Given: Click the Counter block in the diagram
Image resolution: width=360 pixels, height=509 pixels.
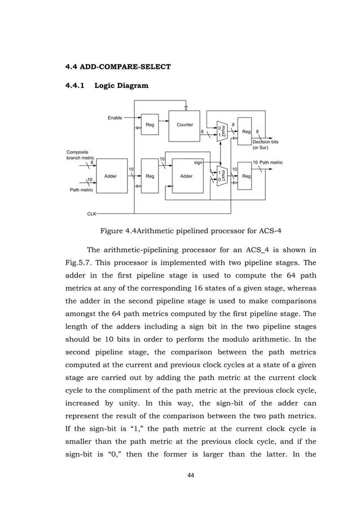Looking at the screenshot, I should (x=185, y=125).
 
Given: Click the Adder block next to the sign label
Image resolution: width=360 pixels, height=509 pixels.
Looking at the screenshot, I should (x=186, y=176).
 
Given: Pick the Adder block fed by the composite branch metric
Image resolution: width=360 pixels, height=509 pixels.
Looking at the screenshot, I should (x=111, y=176).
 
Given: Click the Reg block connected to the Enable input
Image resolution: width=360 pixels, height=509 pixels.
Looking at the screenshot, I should (x=150, y=125).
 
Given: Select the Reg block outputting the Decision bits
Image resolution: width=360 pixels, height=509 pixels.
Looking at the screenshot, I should (x=245, y=131).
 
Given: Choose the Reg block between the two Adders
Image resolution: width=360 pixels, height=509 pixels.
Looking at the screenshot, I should (x=150, y=176).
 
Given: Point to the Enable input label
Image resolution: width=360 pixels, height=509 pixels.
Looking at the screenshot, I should (x=115, y=118).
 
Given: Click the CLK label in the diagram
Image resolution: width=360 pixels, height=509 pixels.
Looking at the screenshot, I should (x=91, y=214).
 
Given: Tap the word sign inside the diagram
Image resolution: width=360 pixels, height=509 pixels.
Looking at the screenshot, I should (x=198, y=163).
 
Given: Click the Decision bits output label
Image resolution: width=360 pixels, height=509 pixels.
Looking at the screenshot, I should (x=265, y=142).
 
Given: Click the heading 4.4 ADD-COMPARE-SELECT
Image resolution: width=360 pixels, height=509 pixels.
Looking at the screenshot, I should (x=118, y=67).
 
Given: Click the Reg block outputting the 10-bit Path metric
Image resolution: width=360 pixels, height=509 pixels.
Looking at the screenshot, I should (x=245, y=176).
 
